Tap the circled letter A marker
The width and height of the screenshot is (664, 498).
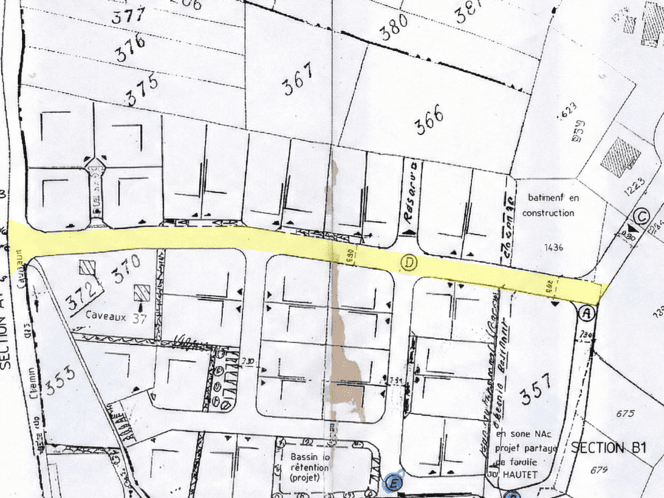(x=587, y=313)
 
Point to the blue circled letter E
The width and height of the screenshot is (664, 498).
(x=392, y=482)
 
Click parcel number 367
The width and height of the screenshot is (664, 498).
(x=298, y=79)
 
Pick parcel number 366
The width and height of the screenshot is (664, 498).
(x=429, y=120)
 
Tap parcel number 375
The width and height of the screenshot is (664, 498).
(x=142, y=90)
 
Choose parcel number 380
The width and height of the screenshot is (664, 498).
(x=394, y=27)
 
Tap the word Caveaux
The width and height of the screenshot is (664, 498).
(x=106, y=315)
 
